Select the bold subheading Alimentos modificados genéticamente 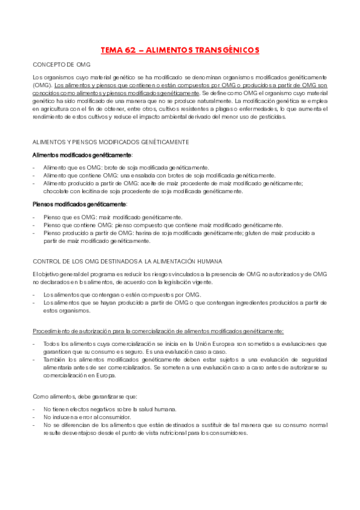75,155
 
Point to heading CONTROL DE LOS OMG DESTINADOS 127,261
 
